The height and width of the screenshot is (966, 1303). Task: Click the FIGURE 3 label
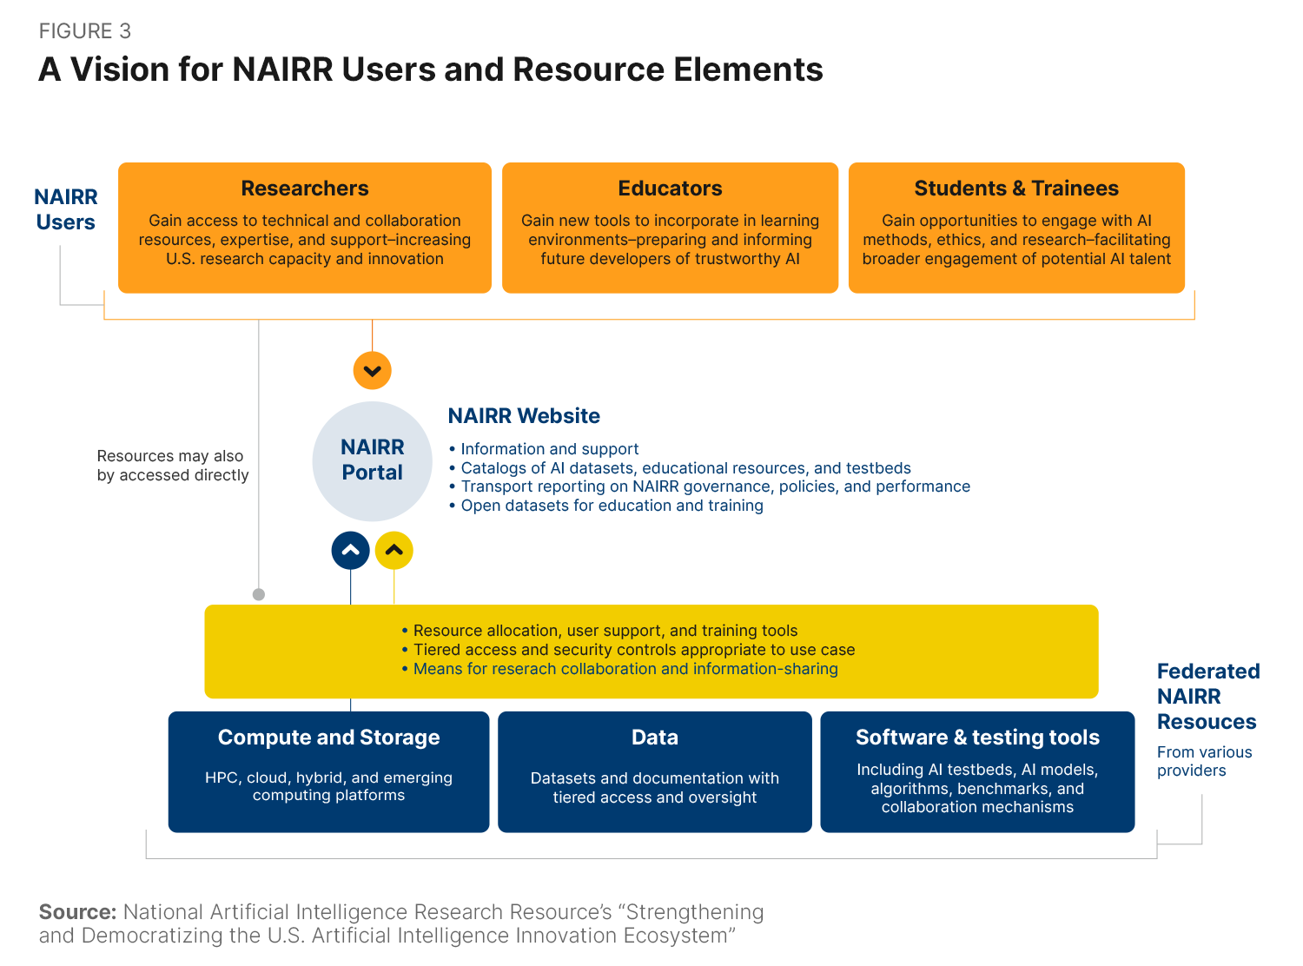click(84, 31)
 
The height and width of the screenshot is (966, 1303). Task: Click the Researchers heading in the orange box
click(305, 189)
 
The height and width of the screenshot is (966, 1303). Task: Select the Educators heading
click(670, 189)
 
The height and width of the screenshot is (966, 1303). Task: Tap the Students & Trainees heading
click(1016, 189)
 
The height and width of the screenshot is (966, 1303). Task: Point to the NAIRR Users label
click(66, 209)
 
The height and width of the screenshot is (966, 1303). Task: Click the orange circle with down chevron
click(373, 371)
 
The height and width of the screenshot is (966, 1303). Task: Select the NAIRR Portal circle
click(373, 460)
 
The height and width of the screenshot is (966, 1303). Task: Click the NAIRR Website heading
click(524, 416)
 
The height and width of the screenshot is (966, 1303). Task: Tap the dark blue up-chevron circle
click(351, 551)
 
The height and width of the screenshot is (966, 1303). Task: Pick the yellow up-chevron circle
click(394, 551)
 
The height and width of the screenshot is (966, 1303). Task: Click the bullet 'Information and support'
click(549, 449)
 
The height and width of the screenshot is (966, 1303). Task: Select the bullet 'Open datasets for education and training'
click(612, 506)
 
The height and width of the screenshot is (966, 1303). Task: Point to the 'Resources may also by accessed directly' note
click(172, 466)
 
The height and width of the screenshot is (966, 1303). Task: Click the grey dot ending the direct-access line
click(259, 594)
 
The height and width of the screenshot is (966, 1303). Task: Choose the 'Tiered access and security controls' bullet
click(633, 650)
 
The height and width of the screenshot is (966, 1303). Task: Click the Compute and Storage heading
click(328, 738)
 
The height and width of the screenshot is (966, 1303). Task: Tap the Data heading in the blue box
click(655, 738)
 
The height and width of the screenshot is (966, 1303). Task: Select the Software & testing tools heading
click(977, 738)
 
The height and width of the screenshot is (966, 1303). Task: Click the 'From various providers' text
click(1204, 761)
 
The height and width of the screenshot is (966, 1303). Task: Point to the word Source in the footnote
click(77, 912)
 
